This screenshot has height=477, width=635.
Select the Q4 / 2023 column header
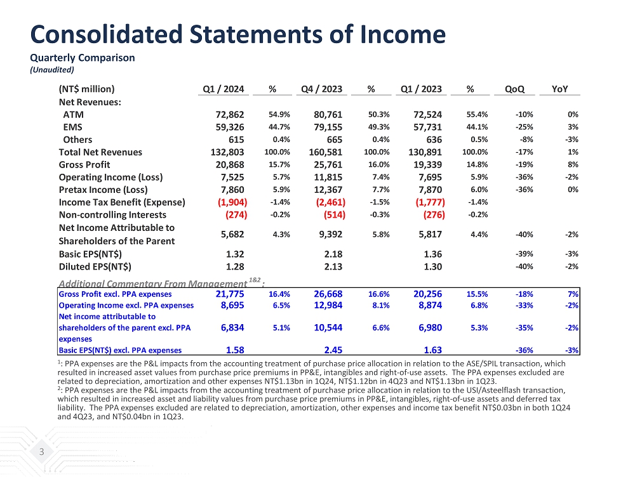tap(322, 89)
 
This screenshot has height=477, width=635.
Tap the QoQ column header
tap(514, 89)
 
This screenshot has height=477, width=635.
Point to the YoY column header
tap(559, 89)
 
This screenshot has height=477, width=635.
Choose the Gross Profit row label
tap(84, 164)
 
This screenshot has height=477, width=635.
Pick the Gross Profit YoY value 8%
tap(572, 164)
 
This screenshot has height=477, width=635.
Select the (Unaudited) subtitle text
tap(52, 70)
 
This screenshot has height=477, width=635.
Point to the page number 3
tap(42, 452)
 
